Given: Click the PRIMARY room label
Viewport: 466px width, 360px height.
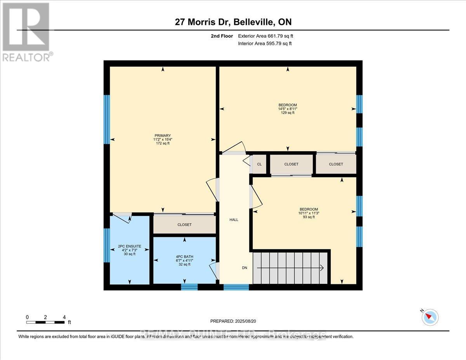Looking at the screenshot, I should point(162,136).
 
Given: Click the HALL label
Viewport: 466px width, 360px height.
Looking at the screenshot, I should point(234,220).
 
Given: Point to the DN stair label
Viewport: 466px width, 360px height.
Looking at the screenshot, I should point(244,268).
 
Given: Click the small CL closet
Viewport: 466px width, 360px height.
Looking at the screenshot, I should point(259,164).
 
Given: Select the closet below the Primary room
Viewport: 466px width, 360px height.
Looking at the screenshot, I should point(184,224).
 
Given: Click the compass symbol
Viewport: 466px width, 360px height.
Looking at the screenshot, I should point(430,317).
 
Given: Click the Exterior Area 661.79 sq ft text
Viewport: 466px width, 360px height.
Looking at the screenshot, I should point(268,36).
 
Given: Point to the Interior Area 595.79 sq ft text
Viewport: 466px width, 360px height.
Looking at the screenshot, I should point(264,43).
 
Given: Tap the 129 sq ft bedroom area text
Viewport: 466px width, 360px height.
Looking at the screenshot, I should point(288,113).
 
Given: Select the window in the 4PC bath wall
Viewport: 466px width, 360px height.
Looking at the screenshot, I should point(190,287).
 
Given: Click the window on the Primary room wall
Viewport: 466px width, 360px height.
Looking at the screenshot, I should point(106,119).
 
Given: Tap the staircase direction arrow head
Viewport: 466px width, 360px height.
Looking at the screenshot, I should point(322,268).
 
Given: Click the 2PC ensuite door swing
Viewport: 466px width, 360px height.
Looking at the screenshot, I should point(123,218).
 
